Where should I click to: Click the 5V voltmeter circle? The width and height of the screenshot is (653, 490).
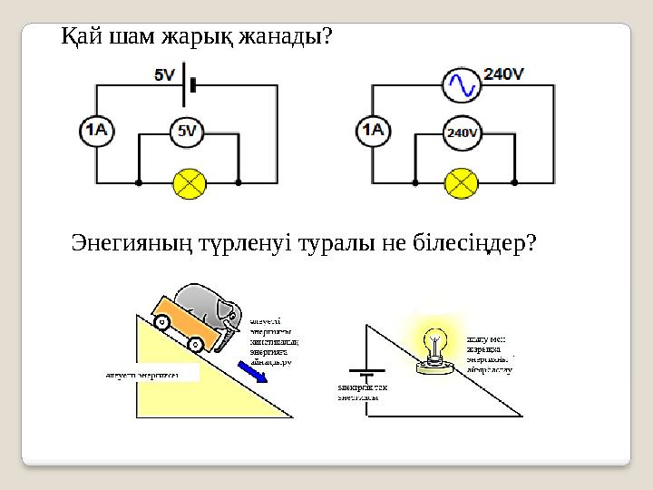(x=186, y=132)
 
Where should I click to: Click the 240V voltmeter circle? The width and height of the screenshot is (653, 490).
(x=462, y=133)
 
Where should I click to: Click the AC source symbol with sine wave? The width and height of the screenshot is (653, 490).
(x=461, y=85)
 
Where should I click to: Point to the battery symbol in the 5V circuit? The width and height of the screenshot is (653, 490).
(x=188, y=84)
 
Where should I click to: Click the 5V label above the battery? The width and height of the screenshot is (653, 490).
(x=165, y=76)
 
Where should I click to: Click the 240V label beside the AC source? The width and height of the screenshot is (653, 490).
(x=504, y=75)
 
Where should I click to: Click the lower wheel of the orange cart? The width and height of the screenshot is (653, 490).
(x=196, y=344)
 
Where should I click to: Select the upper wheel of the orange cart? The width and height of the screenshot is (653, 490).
(x=162, y=322)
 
